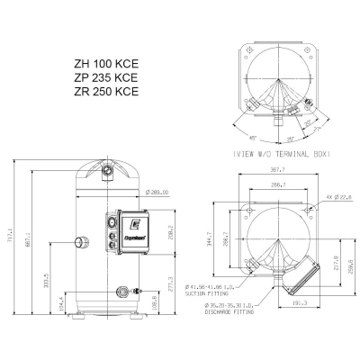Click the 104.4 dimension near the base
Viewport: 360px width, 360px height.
[x=60, y=309]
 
